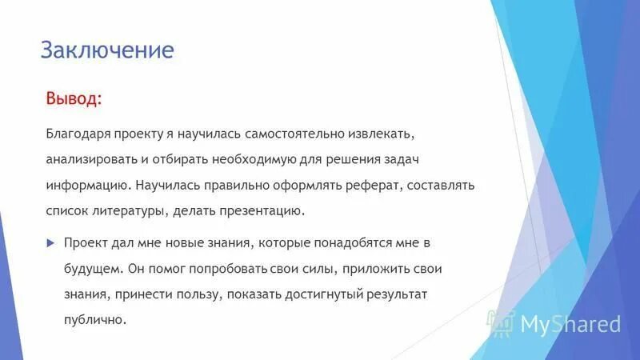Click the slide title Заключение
pyautogui.click(x=107, y=50)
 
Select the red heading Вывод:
pyautogui.click(x=73, y=99)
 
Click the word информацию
pyautogui.click(x=85, y=185)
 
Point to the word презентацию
pyautogui.click(x=262, y=212)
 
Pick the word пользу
pyautogui.click(x=194, y=294)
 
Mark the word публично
pyautogui.click(x=95, y=320)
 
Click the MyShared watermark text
pyautogui.click(x=570, y=324)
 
